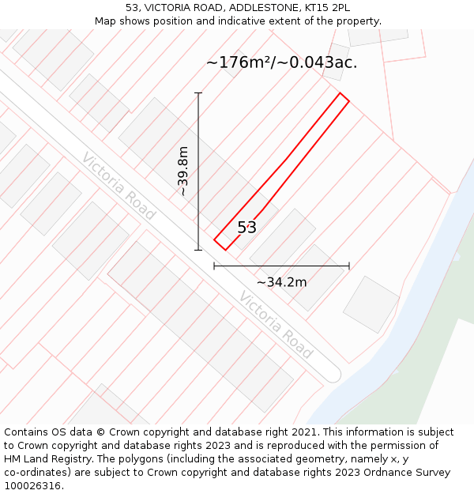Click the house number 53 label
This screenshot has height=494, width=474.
tap(246, 228)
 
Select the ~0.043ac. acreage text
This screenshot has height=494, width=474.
tap(320, 62)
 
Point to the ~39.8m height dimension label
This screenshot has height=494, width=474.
tap(182, 171)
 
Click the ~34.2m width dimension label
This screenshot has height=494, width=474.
tap(281, 281)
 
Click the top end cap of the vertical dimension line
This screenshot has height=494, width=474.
tap(198, 93)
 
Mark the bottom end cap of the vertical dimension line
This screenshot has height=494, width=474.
tap(198, 250)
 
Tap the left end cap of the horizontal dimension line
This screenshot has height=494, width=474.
tap(214, 266)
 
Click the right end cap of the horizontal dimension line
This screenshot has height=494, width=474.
tap(349, 266)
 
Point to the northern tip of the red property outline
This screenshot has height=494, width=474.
tap(341, 94)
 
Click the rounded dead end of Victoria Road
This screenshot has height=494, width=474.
tap(333, 374)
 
